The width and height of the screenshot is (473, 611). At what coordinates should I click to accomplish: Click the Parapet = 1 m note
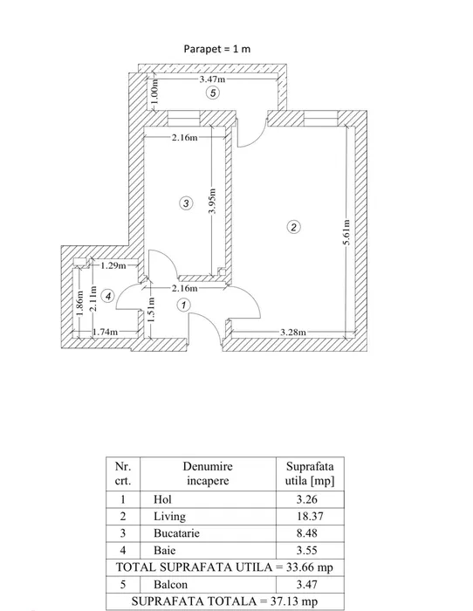(217, 49)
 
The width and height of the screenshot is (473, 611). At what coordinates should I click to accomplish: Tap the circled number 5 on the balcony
(213, 93)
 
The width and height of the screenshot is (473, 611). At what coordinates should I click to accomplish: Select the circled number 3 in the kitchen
(186, 203)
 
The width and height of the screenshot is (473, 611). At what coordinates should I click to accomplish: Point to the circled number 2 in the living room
(293, 227)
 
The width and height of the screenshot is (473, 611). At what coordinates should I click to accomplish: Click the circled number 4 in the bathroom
(108, 297)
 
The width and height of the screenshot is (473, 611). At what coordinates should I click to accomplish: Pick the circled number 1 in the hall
(183, 305)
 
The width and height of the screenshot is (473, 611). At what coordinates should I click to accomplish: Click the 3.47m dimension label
(212, 79)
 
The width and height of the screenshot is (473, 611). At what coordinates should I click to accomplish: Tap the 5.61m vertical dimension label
(346, 233)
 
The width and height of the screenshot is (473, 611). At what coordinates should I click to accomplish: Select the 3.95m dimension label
(212, 201)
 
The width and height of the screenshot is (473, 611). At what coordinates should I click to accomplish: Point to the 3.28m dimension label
(293, 332)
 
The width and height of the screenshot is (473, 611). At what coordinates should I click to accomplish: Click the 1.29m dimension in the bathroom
(113, 265)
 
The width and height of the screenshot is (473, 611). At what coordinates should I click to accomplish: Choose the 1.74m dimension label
(106, 332)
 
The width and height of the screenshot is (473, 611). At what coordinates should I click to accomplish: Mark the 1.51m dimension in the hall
(151, 309)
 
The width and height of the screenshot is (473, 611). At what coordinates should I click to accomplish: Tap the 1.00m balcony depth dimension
(154, 91)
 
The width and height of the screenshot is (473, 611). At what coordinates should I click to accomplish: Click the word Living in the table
(169, 517)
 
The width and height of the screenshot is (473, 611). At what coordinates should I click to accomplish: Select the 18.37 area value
(310, 517)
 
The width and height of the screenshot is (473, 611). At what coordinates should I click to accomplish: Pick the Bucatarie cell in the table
(176, 533)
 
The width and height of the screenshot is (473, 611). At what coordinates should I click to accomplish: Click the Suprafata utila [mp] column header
(310, 473)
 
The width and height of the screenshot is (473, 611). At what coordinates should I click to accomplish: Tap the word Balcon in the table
(171, 585)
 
